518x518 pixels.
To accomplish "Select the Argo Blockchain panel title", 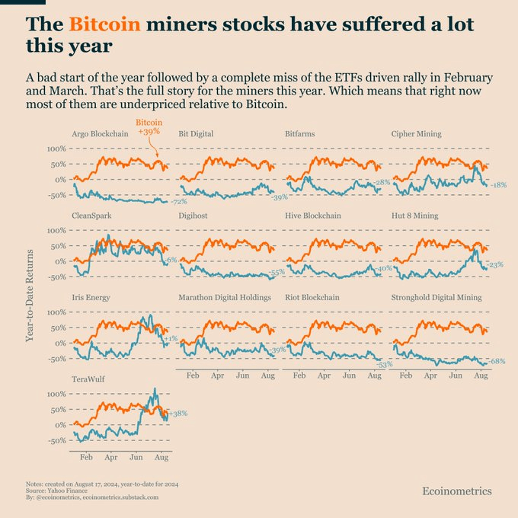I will (x=100, y=134).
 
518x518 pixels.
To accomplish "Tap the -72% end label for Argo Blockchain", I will (x=178, y=201).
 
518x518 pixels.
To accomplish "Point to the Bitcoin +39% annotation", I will (x=149, y=127).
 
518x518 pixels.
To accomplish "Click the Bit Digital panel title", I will (x=196, y=134).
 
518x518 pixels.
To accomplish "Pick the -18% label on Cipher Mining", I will (x=498, y=185).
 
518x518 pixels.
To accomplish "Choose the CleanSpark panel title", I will (x=92, y=216).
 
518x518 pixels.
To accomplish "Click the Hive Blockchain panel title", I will (x=312, y=216).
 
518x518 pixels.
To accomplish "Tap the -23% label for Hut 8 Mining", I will (x=495, y=265).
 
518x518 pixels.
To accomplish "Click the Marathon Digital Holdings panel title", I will (x=224, y=297).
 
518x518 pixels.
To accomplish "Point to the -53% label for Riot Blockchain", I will (x=384, y=364).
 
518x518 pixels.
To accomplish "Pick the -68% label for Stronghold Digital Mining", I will (x=497, y=361).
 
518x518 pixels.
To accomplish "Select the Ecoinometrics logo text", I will (x=457, y=491).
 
